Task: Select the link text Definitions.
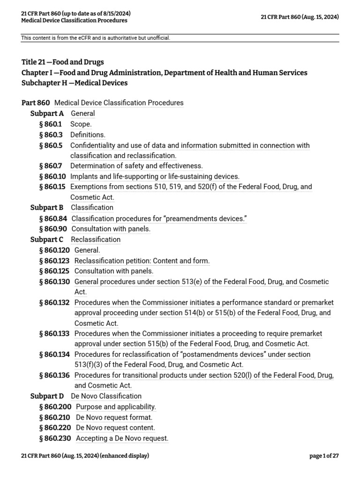[88, 135]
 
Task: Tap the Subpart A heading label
[47, 113]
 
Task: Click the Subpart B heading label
[47, 208]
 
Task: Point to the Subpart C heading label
[47, 240]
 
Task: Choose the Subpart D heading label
[47, 396]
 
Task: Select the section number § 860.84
[53, 218]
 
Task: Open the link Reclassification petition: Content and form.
[142, 261]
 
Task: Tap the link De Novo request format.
[114, 417]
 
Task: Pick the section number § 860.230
[55, 438]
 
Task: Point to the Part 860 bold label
[36, 103]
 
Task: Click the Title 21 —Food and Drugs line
[63, 62]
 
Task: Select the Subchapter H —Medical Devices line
[75, 83]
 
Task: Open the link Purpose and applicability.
[116, 407]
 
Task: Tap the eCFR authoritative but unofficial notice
[96, 38]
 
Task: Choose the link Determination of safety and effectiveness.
[136, 166]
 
